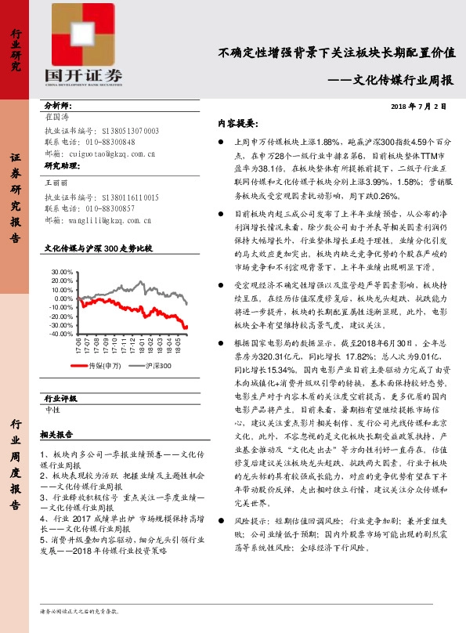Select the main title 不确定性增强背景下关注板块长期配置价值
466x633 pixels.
pyautogui.click(x=337, y=54)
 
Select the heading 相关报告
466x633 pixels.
pyautogui.click(x=58, y=434)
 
